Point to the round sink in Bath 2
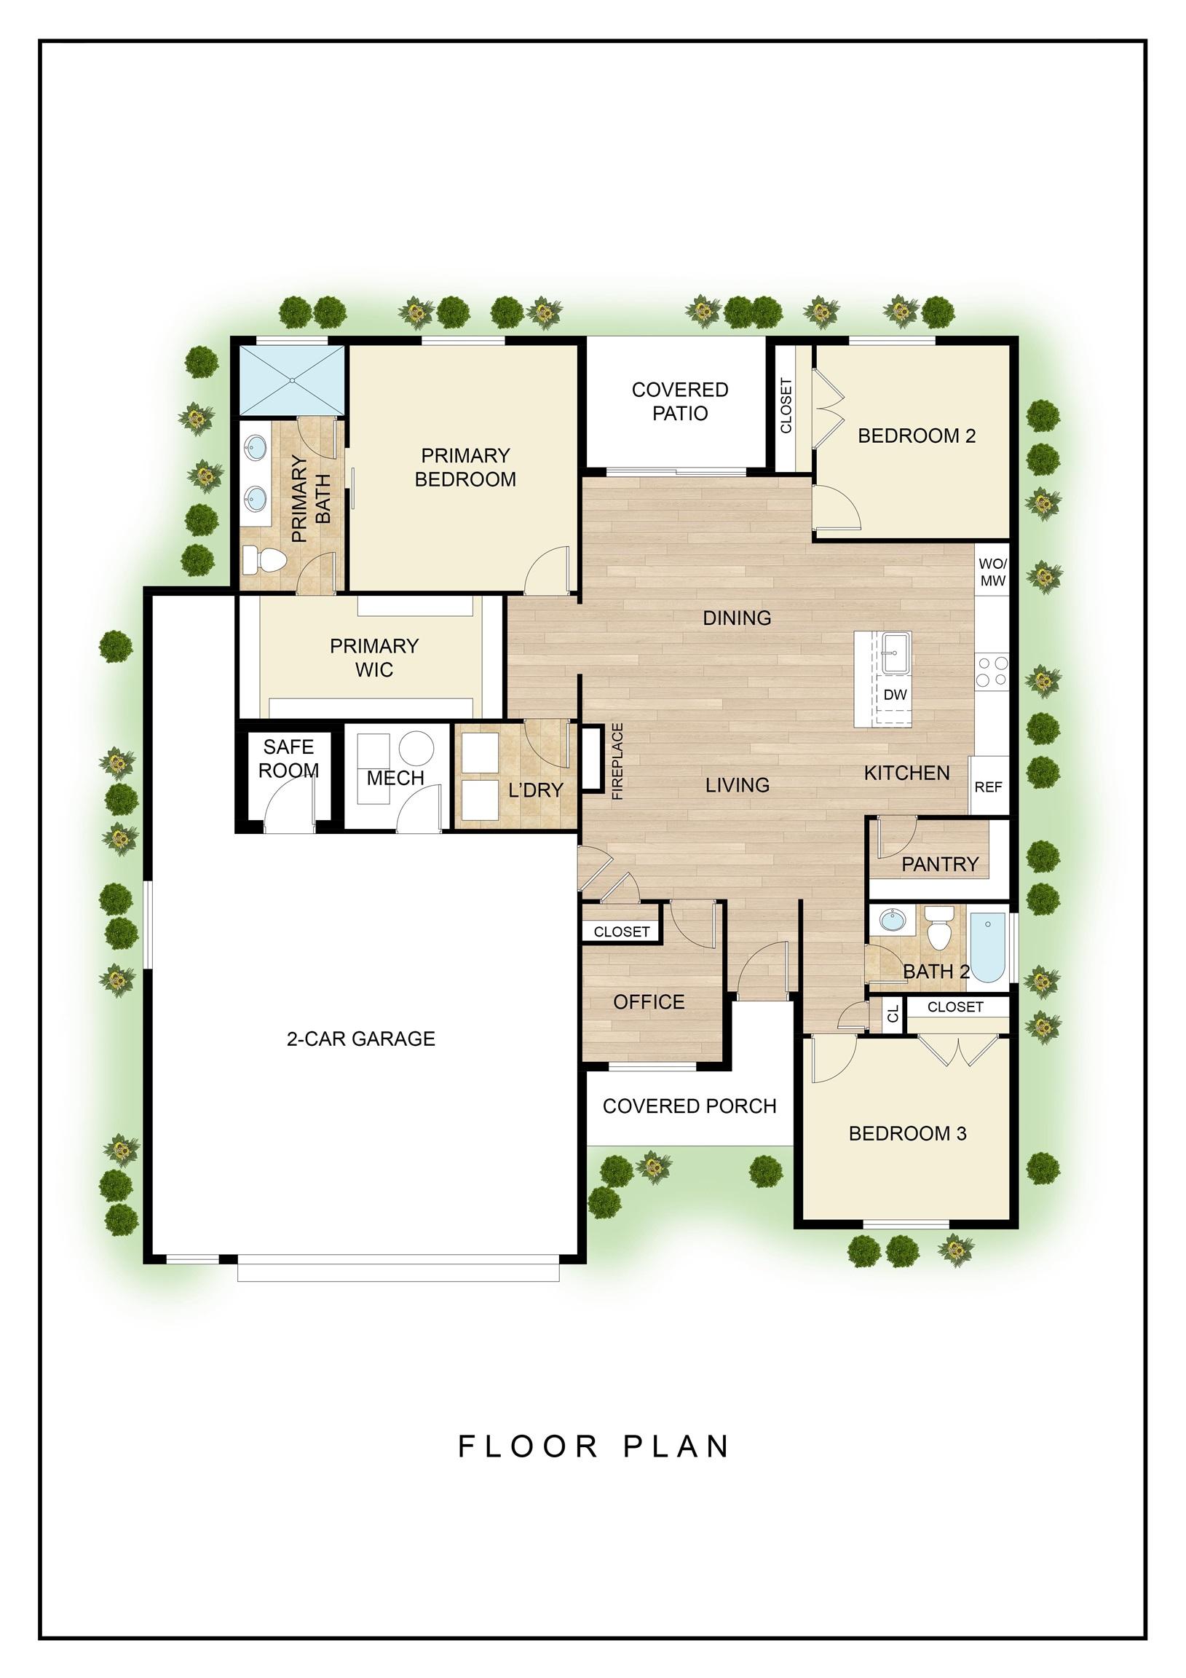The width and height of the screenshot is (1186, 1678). [891, 919]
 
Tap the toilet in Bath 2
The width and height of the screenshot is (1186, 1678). [939, 927]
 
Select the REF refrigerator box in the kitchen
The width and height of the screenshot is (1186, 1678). [989, 786]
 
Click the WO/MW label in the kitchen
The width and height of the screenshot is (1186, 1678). [992, 573]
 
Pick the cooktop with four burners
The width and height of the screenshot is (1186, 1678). [992, 671]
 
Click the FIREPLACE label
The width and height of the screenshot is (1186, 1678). [617, 762]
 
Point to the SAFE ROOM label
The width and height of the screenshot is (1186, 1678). [288, 759]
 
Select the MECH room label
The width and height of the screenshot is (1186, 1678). [395, 779]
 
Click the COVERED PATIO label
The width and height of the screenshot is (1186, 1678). [679, 401]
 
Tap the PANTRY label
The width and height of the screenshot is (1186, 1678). [939, 864]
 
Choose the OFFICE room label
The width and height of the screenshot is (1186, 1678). [649, 1002]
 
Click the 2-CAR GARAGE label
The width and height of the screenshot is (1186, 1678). [361, 1039]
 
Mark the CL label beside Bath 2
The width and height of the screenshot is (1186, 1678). [893, 1015]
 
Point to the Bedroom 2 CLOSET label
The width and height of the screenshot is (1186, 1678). [786, 406]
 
